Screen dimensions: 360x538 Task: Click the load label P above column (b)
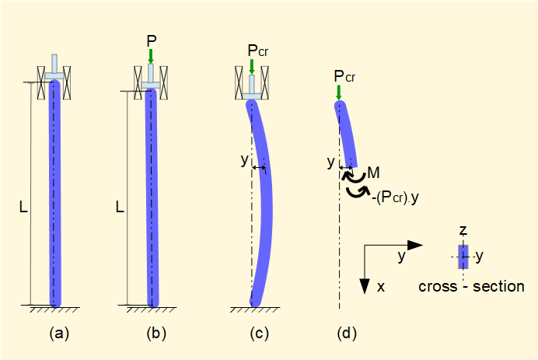click(151, 39)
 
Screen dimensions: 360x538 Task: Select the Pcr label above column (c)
click(257, 51)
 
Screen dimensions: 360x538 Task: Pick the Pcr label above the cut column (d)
click(344, 76)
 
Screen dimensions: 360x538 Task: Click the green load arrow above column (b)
click(151, 56)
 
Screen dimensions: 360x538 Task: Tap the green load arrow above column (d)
click(339, 93)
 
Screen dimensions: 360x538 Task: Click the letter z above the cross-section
click(463, 231)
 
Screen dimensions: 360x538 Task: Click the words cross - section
click(471, 286)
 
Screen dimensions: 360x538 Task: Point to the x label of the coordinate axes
click(381, 286)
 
